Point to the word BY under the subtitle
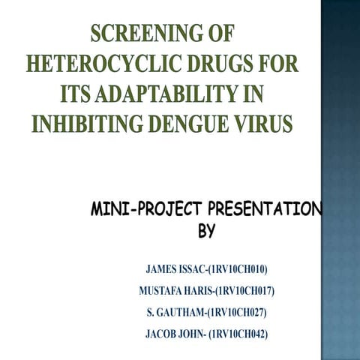(206, 232)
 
